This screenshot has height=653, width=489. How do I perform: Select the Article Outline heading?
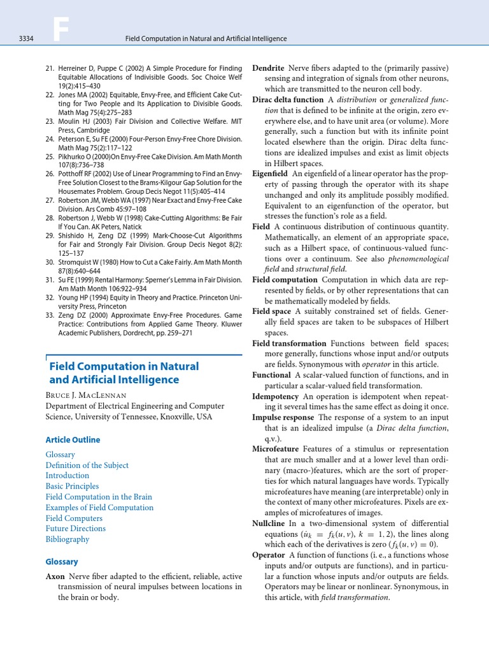[73, 440]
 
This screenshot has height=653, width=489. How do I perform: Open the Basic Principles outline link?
[72, 486]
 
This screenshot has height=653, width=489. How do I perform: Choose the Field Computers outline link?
[72, 518]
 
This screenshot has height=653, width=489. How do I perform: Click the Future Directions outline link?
[76, 528]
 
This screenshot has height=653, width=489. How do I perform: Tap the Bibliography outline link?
[67, 539]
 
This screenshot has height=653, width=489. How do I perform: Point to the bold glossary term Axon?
[55, 576]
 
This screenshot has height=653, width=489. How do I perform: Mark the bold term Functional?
[271, 375]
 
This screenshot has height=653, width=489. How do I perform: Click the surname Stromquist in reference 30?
[76, 262]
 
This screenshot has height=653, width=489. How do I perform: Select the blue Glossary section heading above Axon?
[62, 562]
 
